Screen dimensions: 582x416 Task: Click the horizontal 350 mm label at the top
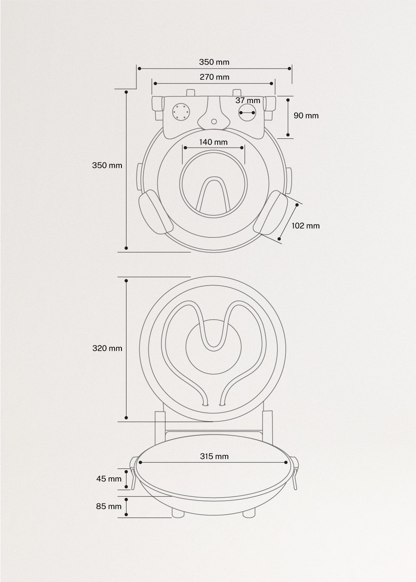214,62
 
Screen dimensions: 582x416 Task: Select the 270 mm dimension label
214,77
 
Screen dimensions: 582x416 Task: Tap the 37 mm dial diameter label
248,101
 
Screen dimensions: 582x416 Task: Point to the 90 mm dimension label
306,116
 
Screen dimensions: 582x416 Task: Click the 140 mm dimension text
213,142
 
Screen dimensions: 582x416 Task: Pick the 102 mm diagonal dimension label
305,226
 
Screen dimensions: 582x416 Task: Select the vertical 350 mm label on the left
107,165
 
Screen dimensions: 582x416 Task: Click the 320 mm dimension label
107,348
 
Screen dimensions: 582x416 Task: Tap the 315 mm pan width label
214,456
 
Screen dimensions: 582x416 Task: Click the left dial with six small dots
181,111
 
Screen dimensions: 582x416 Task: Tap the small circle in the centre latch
214,122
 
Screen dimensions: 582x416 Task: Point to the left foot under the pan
178,513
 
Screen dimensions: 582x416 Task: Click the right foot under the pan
249,513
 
